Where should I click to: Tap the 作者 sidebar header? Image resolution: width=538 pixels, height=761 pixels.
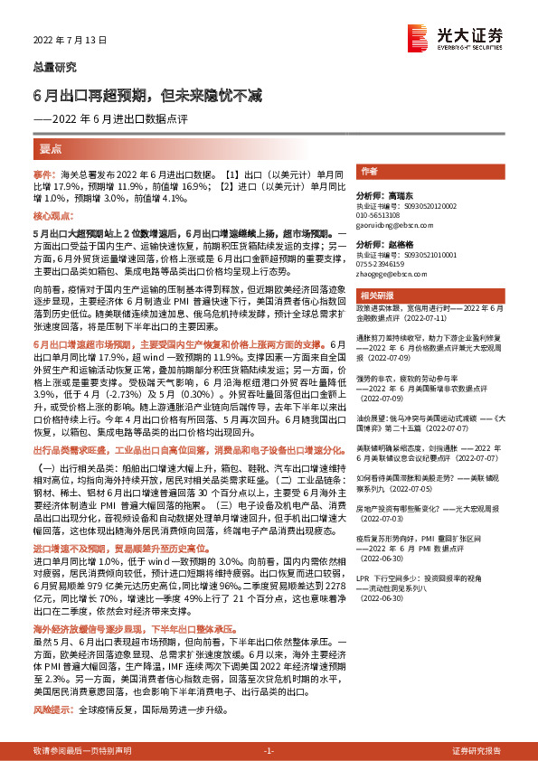[x=369, y=172]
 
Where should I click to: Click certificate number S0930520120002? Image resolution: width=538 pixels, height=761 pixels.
[x=431, y=206]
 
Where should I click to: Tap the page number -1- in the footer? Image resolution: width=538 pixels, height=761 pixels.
[x=269, y=751]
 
